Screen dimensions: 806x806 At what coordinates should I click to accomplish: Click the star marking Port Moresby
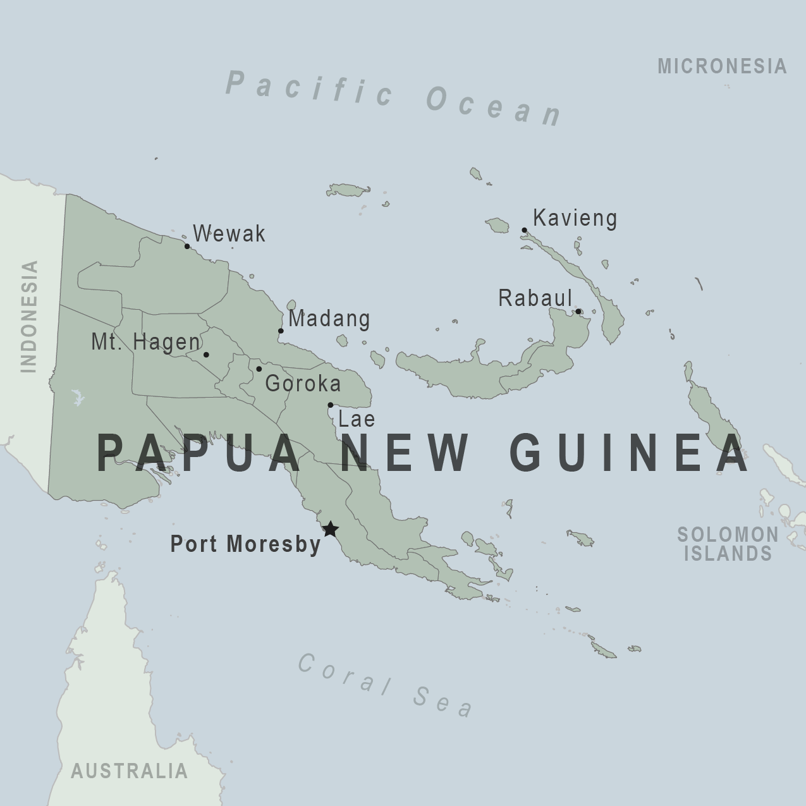point(330,529)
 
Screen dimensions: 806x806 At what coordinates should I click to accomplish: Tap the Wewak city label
point(229,234)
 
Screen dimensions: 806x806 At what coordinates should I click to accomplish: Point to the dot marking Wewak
point(187,246)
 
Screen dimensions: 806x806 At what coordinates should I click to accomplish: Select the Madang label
point(329,318)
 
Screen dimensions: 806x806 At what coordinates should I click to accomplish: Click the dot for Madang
point(281,331)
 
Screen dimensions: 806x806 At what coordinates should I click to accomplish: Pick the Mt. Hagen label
point(145,342)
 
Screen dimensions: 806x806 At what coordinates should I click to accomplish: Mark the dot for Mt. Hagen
point(206,355)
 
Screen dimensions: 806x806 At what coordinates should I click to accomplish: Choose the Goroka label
point(303,383)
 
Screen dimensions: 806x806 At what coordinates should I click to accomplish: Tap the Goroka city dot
point(259,369)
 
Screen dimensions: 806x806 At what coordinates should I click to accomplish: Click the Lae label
point(357,419)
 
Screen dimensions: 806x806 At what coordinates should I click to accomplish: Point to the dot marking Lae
point(330,405)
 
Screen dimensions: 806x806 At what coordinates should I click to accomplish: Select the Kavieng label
point(575,218)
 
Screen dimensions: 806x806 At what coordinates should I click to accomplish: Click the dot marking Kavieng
point(524,230)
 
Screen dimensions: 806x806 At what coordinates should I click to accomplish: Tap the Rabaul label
point(535,298)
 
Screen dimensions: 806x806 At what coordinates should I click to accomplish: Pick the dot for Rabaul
point(578,311)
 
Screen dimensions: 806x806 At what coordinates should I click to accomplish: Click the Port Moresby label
point(246,544)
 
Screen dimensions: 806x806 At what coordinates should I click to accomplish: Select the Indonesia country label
point(29,316)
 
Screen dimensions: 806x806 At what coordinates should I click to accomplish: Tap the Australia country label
point(129,771)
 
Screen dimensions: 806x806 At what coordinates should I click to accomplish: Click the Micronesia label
point(722,66)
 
